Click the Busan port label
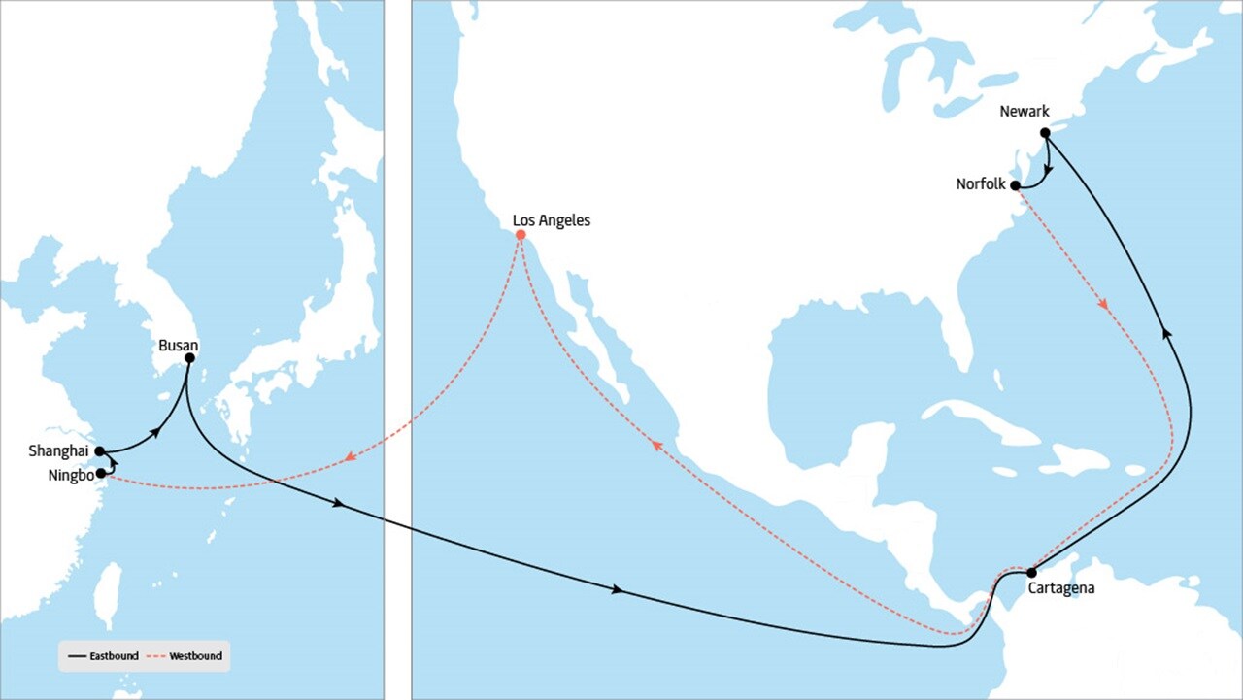tap(178, 345)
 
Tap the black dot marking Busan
tap(189, 358)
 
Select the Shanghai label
tap(58, 450)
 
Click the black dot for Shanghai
tap(99, 450)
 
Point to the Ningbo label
tap(70, 476)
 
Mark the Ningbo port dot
tap(101, 473)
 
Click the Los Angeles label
tap(551, 220)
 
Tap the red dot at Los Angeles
tap(521, 235)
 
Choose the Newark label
tap(1025, 113)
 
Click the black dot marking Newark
tap(1045, 133)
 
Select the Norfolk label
tap(981, 183)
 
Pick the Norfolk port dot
tap(1015, 184)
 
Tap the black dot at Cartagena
tap(1031, 573)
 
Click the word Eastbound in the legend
tap(114, 656)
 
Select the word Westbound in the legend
tap(195, 656)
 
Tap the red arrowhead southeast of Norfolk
tap(1103, 305)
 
